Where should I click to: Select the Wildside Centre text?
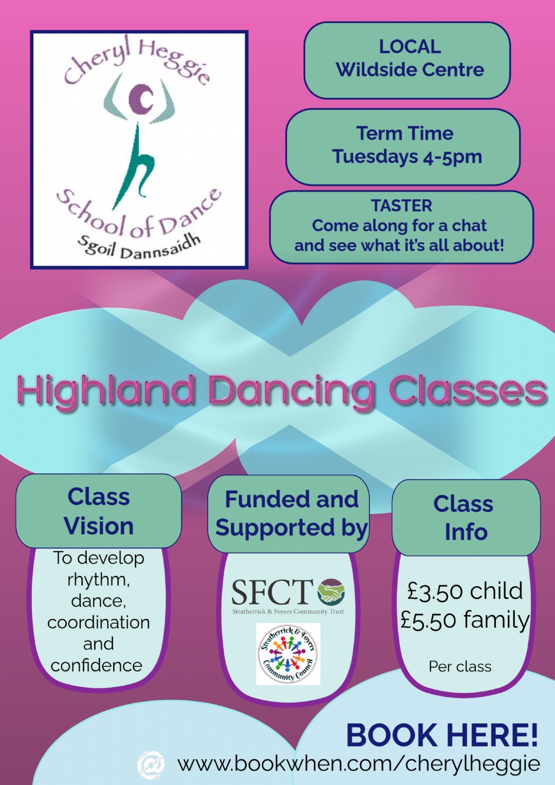pos(410,69)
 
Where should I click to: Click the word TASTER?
pos(401,205)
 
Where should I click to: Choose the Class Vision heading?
pos(99,511)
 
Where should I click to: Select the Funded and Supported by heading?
pos(291,513)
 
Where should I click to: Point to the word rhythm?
pos(99,581)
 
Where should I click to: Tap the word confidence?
pos(97,665)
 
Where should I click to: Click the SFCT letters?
pos(272,592)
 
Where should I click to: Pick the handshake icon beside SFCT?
pos(330,591)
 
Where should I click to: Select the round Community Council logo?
pos(288,654)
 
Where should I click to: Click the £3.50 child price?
pos(465,591)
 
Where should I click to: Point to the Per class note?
pos(460,666)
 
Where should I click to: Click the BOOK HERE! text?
pos(442,735)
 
